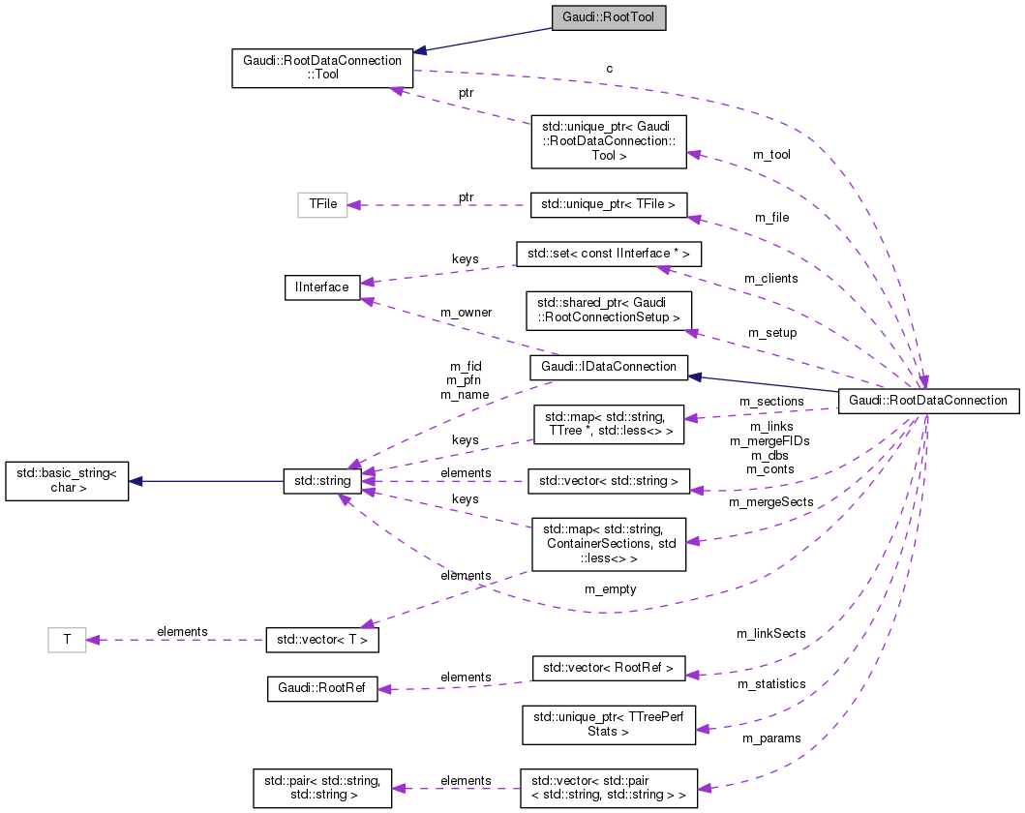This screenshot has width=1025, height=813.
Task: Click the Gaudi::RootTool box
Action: [x=608, y=17]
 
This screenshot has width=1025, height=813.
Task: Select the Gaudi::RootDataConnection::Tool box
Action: [x=322, y=68]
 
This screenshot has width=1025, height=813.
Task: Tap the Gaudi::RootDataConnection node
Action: [x=928, y=400]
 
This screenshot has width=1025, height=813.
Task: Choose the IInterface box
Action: [x=321, y=286]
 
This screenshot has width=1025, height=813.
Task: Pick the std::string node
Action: [x=322, y=481]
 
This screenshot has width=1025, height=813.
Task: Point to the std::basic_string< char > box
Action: [x=67, y=481]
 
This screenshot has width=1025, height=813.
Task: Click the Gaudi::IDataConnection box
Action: [x=608, y=367]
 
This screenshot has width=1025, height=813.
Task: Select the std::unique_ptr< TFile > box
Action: [x=609, y=204]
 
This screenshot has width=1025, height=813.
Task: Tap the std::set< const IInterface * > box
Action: [x=608, y=255]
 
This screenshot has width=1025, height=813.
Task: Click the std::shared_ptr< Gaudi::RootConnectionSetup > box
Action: [x=608, y=310]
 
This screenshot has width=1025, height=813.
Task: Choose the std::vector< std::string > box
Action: [x=608, y=481]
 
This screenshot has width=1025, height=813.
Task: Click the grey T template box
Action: [x=67, y=639]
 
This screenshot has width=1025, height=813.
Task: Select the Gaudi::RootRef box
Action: [x=321, y=689]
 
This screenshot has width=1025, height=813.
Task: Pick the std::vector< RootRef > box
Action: [x=608, y=668]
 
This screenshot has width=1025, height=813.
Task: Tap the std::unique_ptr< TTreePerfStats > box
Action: [x=608, y=725]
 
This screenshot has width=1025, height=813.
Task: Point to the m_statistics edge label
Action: [x=771, y=683]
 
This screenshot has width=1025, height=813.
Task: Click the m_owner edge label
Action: [x=466, y=312]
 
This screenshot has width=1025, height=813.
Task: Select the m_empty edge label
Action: [x=610, y=588]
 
